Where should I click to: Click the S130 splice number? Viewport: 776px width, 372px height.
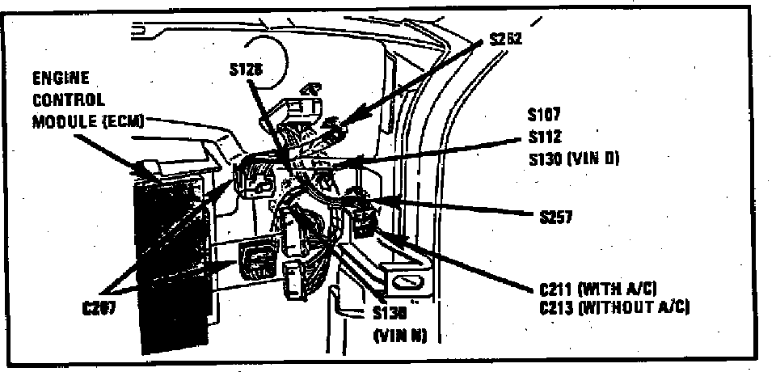click(x=542, y=159)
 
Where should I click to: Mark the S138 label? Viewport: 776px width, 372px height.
click(x=390, y=315)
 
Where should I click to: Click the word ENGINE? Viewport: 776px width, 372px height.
click(x=61, y=80)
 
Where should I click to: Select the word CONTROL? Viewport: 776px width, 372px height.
click(x=68, y=101)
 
